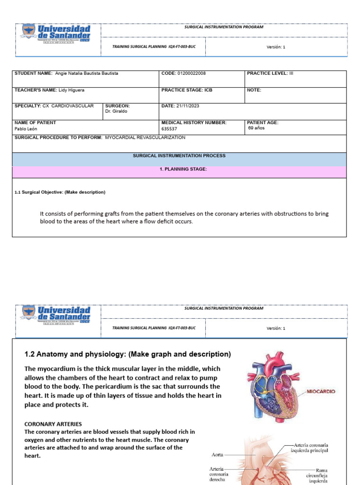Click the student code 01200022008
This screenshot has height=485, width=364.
pos(191,73)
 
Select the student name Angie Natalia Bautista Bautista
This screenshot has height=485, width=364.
pos(87,73)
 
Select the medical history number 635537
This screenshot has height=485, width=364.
pos(169,128)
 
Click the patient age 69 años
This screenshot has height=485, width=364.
pos(256,128)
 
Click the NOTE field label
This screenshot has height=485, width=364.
pos(254,90)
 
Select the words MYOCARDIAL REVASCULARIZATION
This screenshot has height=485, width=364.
pos(145,137)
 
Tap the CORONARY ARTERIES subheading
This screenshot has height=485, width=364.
pos(53,424)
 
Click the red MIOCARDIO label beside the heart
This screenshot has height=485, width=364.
pos(321,392)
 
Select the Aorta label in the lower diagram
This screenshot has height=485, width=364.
pos(216,454)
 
